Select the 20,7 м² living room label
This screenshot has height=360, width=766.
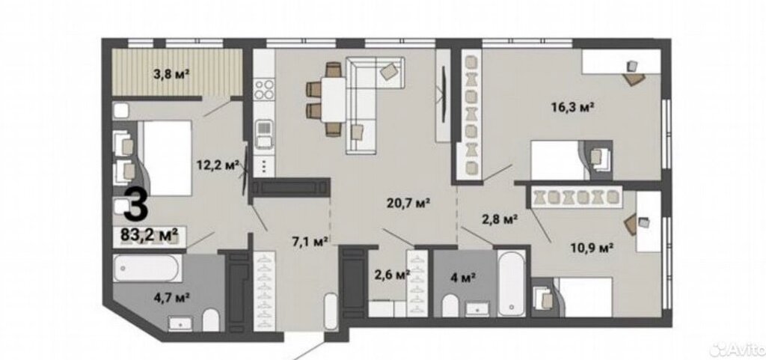pos(408,203)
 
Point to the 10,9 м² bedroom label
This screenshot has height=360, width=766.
pos(592,248)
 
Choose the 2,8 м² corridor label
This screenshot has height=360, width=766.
pos(500,220)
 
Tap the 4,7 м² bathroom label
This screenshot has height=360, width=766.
pos(172,296)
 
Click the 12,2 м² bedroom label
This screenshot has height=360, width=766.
pos(218,165)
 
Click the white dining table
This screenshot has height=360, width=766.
pos(334,100)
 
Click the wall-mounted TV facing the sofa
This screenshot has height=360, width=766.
pos(444,95)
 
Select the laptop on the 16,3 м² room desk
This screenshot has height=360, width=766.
pos(633,66)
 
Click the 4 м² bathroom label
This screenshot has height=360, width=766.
pos(462,278)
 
